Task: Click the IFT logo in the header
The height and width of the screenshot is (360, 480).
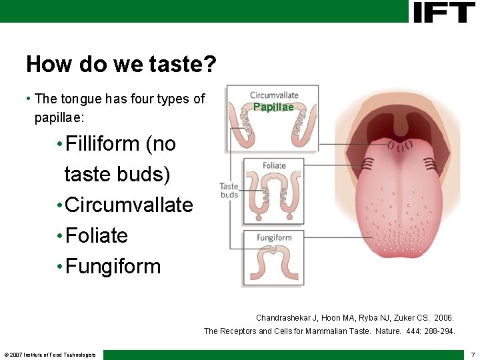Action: pos(444,12)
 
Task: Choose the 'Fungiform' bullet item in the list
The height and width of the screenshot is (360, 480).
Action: pos(113,266)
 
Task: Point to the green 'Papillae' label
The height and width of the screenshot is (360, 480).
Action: pos(273,107)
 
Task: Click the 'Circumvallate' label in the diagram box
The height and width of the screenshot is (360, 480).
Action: pos(274,95)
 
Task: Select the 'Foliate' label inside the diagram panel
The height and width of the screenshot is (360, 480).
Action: pos(274,165)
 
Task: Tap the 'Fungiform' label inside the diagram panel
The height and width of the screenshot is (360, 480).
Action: pos(274,237)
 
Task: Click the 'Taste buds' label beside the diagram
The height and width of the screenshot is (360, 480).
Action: pos(229,191)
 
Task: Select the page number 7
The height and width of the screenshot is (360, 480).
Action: pos(473,354)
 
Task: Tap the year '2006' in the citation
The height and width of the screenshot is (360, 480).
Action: pos(441,318)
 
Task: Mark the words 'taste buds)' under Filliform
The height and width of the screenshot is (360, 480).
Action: pos(117,175)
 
